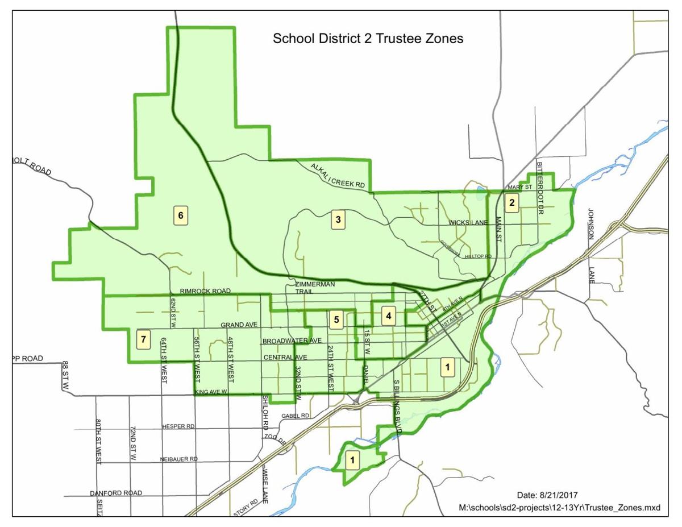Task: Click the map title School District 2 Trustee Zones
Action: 368,39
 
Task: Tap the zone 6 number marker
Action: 181,216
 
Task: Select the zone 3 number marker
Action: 338,219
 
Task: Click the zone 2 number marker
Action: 512,202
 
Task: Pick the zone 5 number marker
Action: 336,319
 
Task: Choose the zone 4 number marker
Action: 388,316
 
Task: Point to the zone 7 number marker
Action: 144,340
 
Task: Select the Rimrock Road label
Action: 205,291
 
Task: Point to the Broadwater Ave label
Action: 292,341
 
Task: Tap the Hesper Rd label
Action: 178,426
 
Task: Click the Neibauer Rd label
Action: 178,459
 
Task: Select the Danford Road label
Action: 116,493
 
